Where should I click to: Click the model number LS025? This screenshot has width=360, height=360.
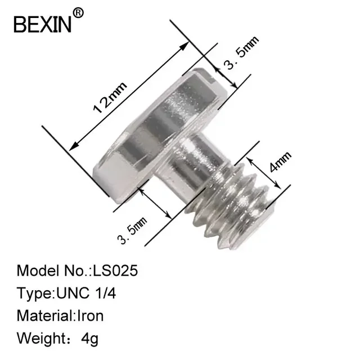pyautogui.click(x=114, y=271)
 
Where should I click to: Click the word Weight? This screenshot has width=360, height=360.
pyautogui.click(x=40, y=338)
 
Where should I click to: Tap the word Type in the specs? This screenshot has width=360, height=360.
pyautogui.click(x=33, y=293)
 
